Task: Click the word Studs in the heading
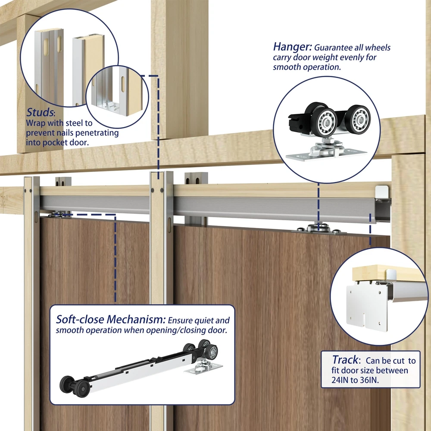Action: tap(40, 112)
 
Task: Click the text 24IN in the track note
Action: tap(340, 380)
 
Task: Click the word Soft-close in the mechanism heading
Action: tap(80, 319)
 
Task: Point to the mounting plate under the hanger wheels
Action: tap(326, 155)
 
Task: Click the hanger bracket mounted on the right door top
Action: tap(319, 230)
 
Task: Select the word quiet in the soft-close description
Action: tap(204, 321)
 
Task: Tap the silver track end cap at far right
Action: tap(383, 191)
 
